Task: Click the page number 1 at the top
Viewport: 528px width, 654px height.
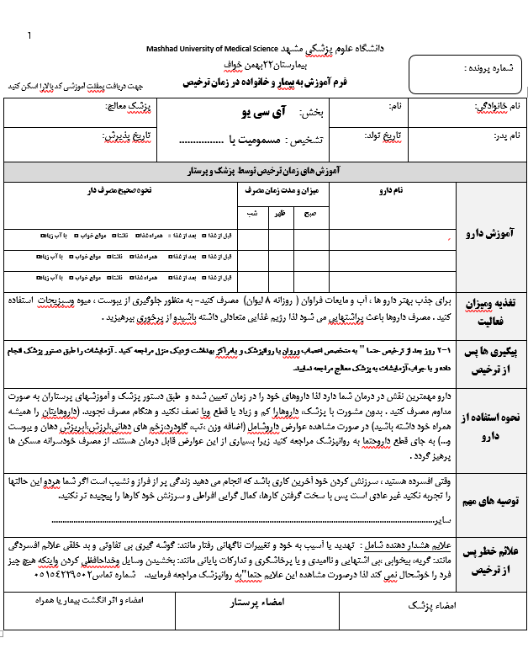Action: [29, 35]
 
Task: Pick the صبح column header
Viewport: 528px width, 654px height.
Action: [310, 214]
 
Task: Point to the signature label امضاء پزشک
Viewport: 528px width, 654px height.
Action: [426, 604]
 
